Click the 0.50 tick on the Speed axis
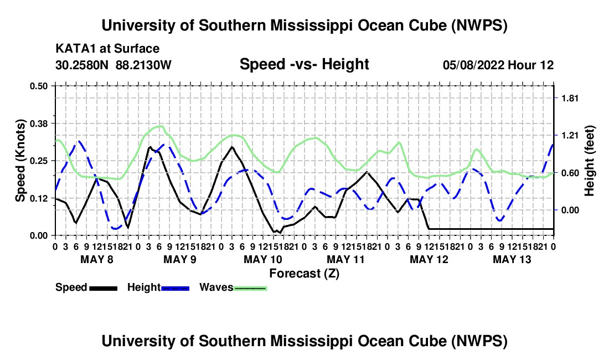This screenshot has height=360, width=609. pyautogui.click(x=38, y=86)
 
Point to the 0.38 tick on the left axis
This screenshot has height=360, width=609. pyautogui.click(x=38, y=124)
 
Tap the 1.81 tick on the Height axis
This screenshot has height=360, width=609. pyautogui.click(x=570, y=98)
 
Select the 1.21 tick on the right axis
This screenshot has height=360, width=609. pyautogui.click(x=570, y=136)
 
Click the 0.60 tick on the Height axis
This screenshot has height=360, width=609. pyautogui.click(x=570, y=173)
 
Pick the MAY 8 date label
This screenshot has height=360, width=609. pyautogui.click(x=97, y=259)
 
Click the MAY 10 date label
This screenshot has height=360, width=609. pyautogui.click(x=263, y=259)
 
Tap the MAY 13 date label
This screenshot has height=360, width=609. pyautogui.click(x=512, y=259)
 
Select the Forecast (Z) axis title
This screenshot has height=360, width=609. pyautogui.click(x=304, y=274)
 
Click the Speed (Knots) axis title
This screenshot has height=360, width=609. pyautogui.click(x=20, y=161)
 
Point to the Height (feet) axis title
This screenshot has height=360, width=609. pyautogui.click(x=589, y=161)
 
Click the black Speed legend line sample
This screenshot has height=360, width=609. pyautogui.click(x=104, y=288)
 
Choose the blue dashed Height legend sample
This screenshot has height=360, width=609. pyautogui.click(x=175, y=288)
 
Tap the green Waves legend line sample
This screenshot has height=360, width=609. pyautogui.click(x=250, y=288)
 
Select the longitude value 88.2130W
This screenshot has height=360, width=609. pyautogui.click(x=143, y=65)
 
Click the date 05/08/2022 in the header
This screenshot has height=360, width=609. pyautogui.click(x=473, y=65)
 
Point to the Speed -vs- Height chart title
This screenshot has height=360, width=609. pyautogui.click(x=304, y=64)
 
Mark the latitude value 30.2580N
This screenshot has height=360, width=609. pyautogui.click(x=82, y=65)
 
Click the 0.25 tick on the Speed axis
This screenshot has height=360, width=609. pyautogui.click(x=38, y=161)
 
